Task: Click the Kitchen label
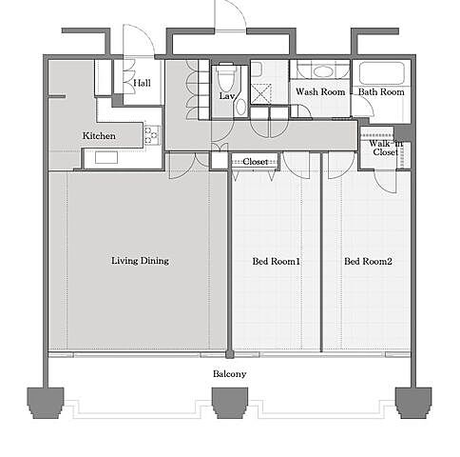pyautogui.click(x=99, y=136)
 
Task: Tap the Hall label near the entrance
pyautogui.click(x=142, y=83)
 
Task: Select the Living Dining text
pyautogui.click(x=140, y=261)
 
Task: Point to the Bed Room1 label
pyautogui.click(x=277, y=262)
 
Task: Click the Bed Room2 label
pyautogui.click(x=368, y=262)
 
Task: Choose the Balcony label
pyautogui.click(x=229, y=374)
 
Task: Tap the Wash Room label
pyautogui.click(x=320, y=91)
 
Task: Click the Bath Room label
pyautogui.click(x=381, y=91)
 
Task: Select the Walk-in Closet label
pyautogui.click(x=386, y=148)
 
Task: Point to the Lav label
pyautogui.click(x=227, y=96)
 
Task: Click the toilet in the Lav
pyautogui.click(x=226, y=77)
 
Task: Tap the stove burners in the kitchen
pyautogui.click(x=152, y=135)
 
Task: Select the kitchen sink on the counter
pyautogui.click(x=106, y=158)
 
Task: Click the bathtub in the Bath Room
pyautogui.click(x=382, y=73)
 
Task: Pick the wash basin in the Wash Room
pyautogui.click(x=322, y=70)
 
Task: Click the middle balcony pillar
pyautogui.click(x=230, y=403)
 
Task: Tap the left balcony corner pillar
pyautogui.click(x=46, y=403)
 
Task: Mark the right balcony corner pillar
pyautogui.click(x=413, y=403)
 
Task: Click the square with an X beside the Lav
pyautogui.click(x=261, y=94)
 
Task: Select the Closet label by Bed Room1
pyautogui.click(x=256, y=162)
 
